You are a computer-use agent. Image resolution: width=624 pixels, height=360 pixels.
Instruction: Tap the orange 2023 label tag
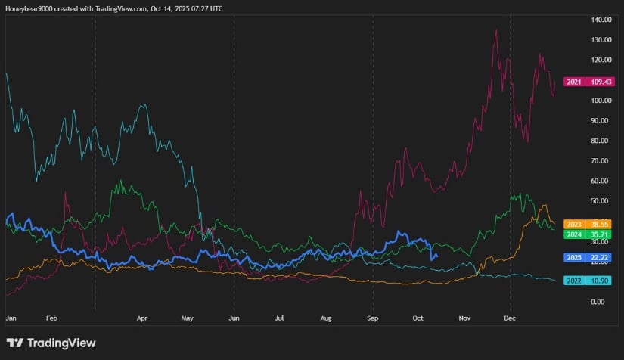[x=574, y=225]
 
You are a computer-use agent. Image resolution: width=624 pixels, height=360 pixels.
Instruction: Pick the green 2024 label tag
[x=574, y=234]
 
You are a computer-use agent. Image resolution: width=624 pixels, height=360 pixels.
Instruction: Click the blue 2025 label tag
[x=574, y=257]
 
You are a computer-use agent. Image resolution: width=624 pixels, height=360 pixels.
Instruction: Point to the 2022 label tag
[x=574, y=280]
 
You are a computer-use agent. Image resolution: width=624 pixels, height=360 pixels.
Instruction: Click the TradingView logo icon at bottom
[x=14, y=343]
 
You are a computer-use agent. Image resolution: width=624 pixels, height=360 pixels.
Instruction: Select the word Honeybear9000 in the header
[x=32, y=8]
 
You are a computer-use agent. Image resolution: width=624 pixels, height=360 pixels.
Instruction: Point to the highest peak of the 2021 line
[x=496, y=30]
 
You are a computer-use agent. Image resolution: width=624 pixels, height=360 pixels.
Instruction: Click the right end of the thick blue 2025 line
[x=437, y=255]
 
